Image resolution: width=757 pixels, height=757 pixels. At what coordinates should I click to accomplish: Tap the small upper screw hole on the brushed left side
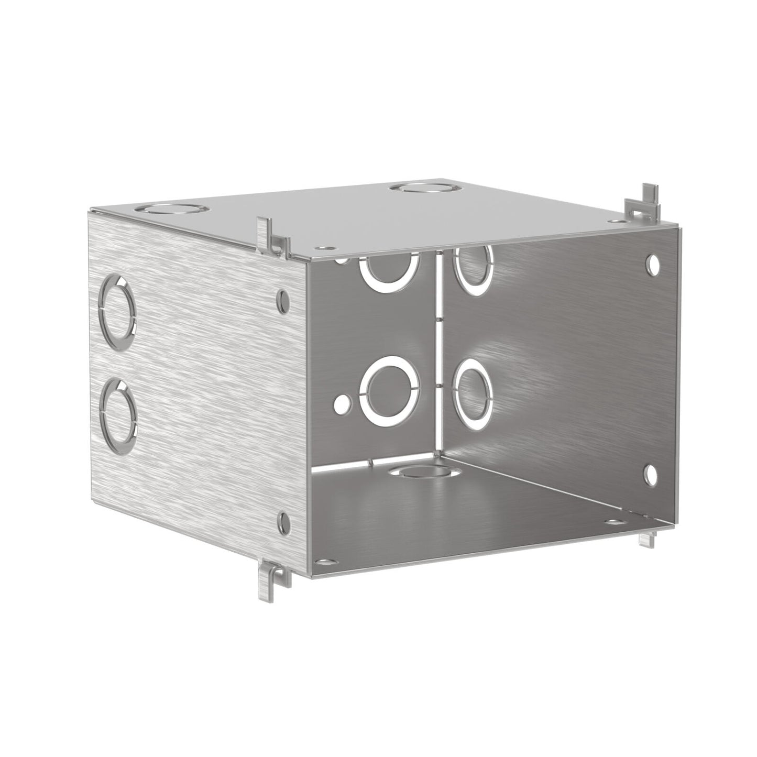[284, 300]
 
